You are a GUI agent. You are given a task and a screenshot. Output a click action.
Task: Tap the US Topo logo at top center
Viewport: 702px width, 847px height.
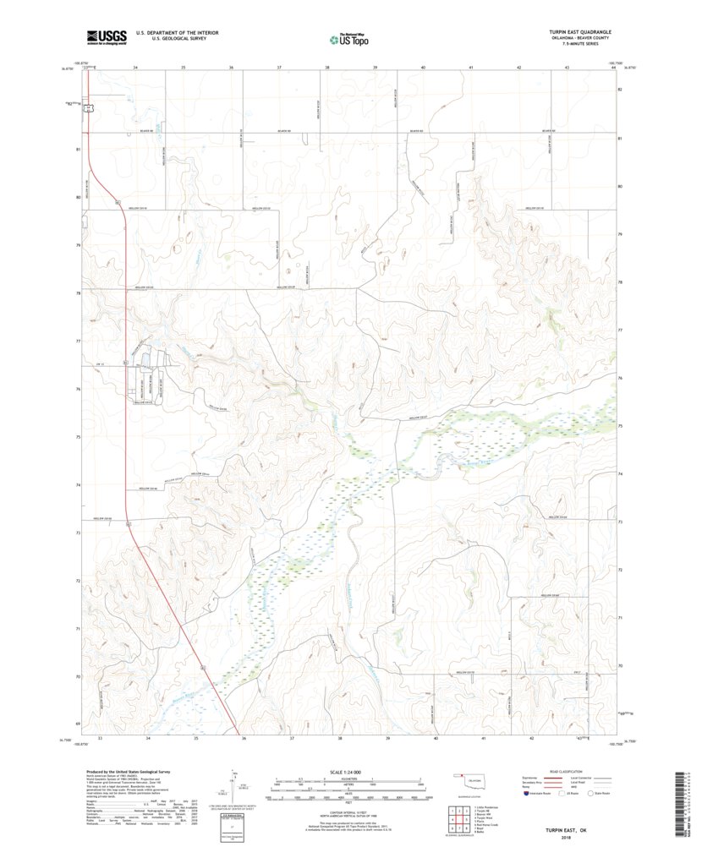coord(348,38)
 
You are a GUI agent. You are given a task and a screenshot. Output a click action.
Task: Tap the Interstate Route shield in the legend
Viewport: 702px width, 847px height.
coord(527,794)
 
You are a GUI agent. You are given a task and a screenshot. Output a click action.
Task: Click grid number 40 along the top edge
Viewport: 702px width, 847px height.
coord(423,66)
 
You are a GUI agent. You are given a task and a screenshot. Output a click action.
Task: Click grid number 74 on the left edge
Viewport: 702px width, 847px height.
coord(78,485)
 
